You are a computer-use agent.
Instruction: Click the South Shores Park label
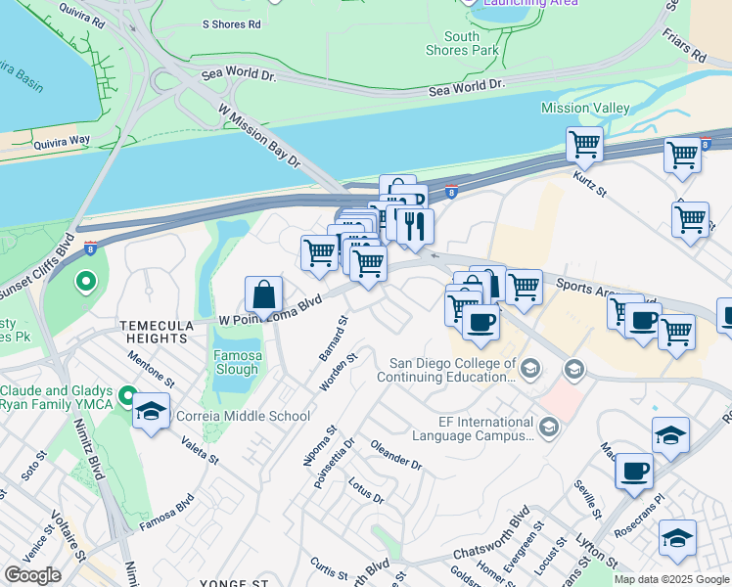(463, 43)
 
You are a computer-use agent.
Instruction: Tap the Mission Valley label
(585, 108)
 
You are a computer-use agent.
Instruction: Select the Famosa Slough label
(237, 361)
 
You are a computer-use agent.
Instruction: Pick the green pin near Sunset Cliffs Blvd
(86, 284)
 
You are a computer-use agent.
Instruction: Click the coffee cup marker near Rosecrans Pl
(634, 471)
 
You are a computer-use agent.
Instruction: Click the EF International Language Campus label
(471, 428)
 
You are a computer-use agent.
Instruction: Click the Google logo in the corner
(32, 575)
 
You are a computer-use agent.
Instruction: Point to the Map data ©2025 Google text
(671, 579)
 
